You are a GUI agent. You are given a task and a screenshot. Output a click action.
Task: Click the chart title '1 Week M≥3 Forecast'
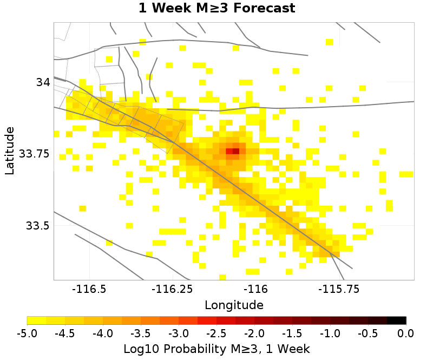tap(216, 9)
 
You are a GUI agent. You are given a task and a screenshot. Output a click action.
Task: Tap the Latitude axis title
tap(9, 150)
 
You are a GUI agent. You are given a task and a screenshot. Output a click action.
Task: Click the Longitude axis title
tap(234, 305)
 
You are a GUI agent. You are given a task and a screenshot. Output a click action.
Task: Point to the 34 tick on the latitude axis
tap(43, 82)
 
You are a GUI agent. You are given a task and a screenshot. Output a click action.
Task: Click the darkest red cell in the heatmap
tap(235, 151)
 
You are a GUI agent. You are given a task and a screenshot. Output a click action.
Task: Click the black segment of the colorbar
tap(397, 320)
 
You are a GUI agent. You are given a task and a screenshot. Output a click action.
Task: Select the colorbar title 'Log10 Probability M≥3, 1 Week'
tap(216, 347)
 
